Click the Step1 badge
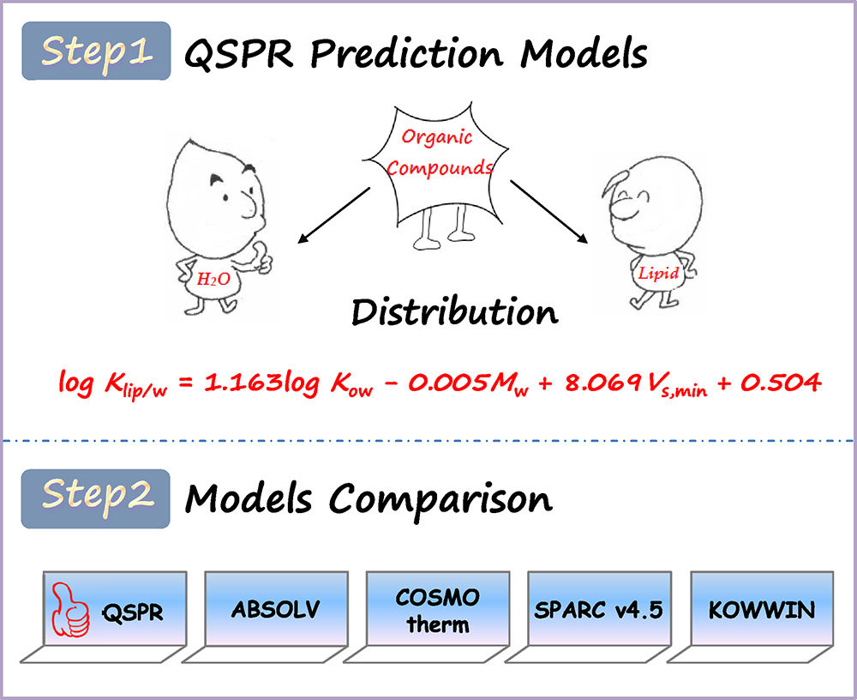96,51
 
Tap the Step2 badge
96,498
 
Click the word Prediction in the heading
406,55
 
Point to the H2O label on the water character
213,280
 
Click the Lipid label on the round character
658,273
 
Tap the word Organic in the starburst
437,136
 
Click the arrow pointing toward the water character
334,215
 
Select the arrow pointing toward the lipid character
548,212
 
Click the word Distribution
455,312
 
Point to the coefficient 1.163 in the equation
243,382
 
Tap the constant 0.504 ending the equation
781,383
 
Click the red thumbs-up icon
70,610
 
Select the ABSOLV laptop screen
276,608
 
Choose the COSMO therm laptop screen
438,608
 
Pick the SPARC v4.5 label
598,610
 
